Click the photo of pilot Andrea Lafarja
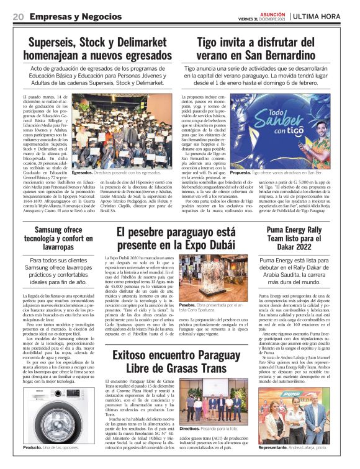pyautogui.click(x=301, y=416)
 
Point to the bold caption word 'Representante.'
pyautogui.click(x=281, y=447)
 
